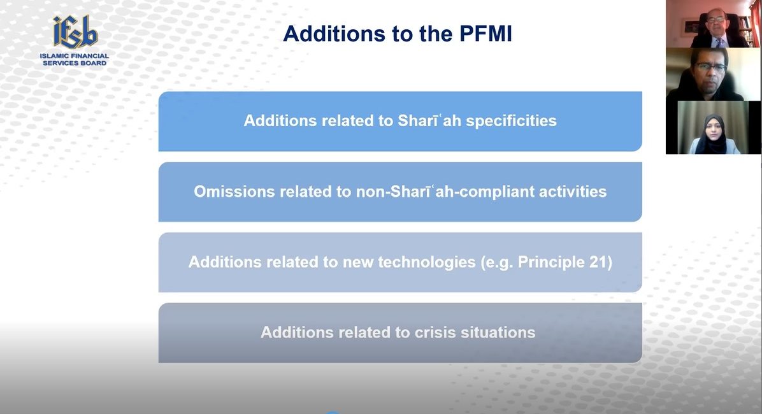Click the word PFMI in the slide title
click(485, 34)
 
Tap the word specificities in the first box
click(511, 121)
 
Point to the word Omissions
click(234, 192)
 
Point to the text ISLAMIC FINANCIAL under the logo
click(75, 56)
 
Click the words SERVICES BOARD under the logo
click(75, 63)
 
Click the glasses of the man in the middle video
click(710, 68)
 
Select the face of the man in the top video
click(716, 21)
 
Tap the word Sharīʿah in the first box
click(429, 120)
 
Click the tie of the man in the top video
click(718, 42)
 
